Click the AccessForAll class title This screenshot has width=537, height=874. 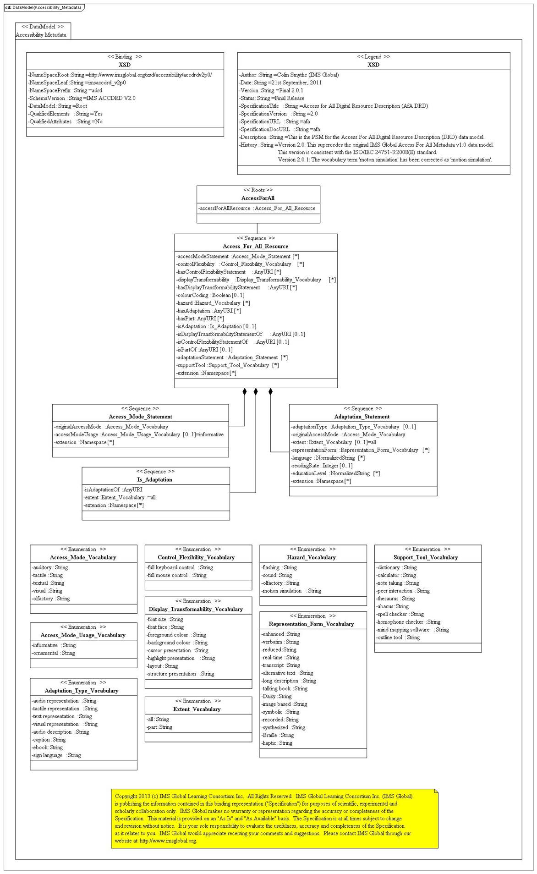tap(258, 198)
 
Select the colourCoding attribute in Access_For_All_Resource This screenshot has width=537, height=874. tap(210, 295)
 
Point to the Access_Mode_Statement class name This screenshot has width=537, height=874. tap(140, 417)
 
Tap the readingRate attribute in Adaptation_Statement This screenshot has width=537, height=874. tap(322, 466)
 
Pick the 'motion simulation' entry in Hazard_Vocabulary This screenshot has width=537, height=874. tap(291, 591)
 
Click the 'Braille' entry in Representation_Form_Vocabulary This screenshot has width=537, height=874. tap(278, 735)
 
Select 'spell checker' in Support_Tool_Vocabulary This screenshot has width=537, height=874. tap(400, 614)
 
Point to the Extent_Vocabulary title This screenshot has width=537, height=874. tap(197, 709)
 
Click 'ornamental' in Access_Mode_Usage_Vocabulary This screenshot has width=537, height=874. tap(53, 653)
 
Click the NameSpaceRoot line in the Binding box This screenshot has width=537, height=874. tap(120, 75)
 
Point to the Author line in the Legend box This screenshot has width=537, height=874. tap(289, 75)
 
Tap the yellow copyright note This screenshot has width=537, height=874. tap(274, 818)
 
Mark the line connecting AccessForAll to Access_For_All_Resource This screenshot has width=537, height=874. tap(257, 228)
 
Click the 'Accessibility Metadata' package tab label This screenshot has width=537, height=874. tap(41, 35)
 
